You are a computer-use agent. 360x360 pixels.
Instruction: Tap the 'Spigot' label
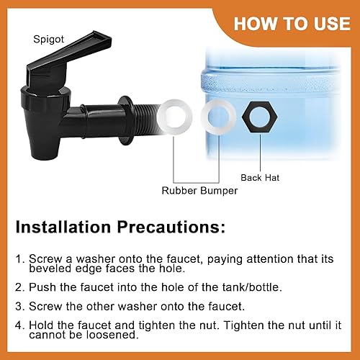49,40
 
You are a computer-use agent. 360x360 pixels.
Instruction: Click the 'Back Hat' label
260,178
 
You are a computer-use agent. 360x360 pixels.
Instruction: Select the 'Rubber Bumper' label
199,191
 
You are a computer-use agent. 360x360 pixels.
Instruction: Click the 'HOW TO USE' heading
292,24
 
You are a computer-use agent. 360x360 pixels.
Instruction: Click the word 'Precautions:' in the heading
171,227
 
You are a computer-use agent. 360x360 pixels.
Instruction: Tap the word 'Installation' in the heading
63,227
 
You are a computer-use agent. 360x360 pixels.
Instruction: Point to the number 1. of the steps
20,259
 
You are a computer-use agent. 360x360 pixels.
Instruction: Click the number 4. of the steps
20,325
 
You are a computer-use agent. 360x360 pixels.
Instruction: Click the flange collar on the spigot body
125,121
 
